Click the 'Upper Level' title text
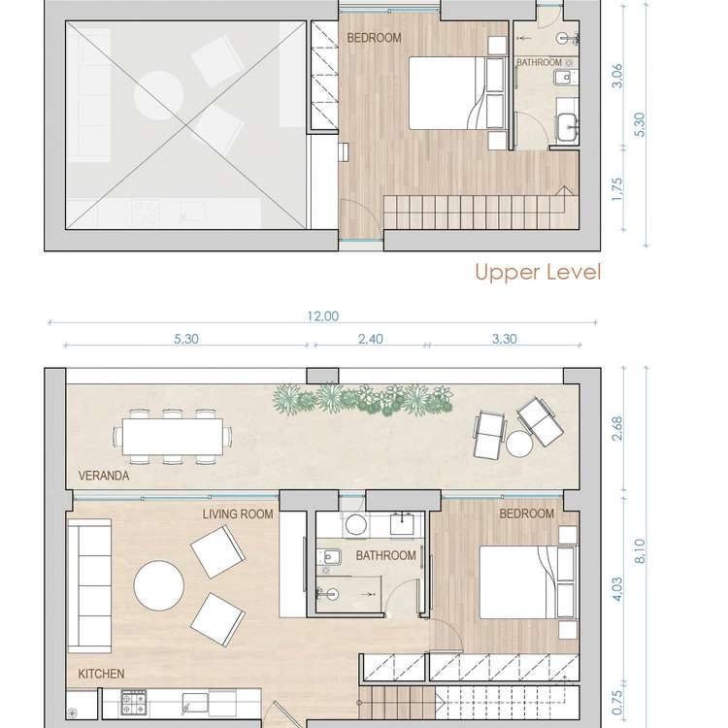(x=537, y=272)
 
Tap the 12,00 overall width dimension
(x=323, y=315)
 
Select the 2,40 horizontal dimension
(x=366, y=340)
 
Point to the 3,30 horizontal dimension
(x=504, y=340)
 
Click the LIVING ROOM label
(x=238, y=513)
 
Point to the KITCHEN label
(x=101, y=673)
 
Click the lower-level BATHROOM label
(x=385, y=556)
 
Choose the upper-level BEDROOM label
(x=374, y=39)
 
